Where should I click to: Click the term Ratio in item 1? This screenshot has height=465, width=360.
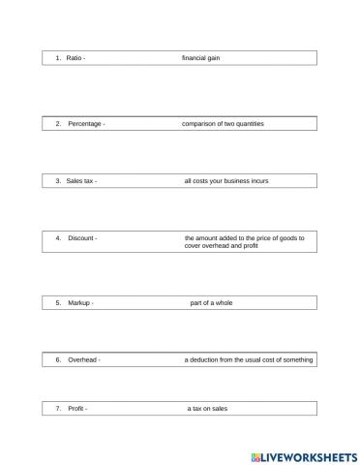[74, 58]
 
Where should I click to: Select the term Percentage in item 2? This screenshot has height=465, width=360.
[84, 124]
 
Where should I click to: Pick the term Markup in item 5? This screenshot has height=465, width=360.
[79, 303]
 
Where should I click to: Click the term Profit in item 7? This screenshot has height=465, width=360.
[75, 409]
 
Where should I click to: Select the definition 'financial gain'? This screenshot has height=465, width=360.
[201, 58]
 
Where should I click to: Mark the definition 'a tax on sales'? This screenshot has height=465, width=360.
[207, 409]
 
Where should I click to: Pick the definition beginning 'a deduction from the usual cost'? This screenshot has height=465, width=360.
[249, 360]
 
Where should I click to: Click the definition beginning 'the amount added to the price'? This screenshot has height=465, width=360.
[244, 241]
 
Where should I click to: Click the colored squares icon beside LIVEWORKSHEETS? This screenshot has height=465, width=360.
[256, 454]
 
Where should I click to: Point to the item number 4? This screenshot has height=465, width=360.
[58, 237]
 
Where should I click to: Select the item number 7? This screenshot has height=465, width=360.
[58, 409]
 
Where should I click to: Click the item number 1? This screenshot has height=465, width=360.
[58, 58]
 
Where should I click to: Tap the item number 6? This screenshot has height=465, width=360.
[58, 360]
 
